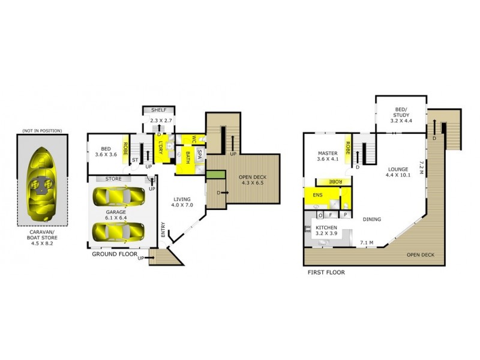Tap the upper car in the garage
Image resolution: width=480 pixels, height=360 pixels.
tap(118, 196)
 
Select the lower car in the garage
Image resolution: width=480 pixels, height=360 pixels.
tap(118, 230)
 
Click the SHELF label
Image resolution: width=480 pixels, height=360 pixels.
tap(158, 110)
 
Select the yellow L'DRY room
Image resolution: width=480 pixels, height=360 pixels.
tap(161, 148)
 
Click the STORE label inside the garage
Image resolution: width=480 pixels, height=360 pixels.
tap(113, 179)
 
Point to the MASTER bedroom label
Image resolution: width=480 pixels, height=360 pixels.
tap(328, 157)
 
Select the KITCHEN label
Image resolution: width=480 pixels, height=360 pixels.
tap(326, 228)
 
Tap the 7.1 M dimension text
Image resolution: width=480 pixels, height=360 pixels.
tap(367, 243)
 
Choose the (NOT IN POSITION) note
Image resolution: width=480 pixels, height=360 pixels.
tap(42, 130)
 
